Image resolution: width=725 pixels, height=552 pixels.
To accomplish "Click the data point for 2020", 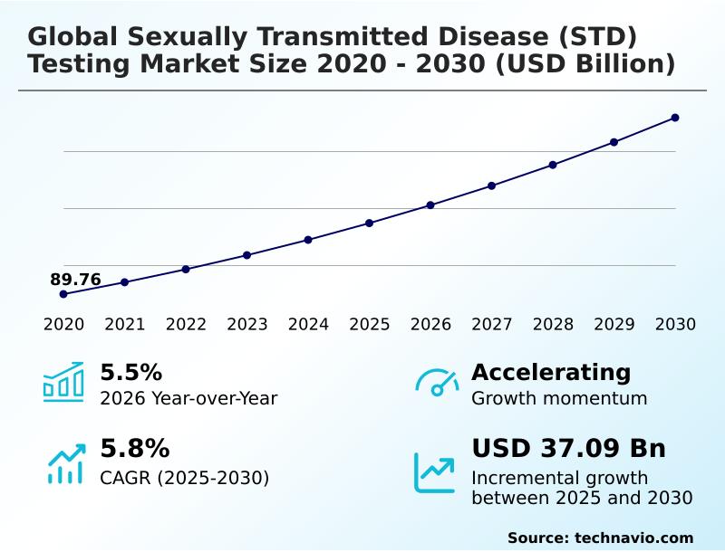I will point(63,294).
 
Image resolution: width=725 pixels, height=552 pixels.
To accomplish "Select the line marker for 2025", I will point(370,223).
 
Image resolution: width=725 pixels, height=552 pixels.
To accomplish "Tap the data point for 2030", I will point(675,118).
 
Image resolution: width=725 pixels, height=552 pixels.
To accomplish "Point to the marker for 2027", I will point(491,186).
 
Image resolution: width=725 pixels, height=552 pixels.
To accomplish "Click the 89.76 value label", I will point(75,280).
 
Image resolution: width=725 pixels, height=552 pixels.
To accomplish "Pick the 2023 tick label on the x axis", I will point(247,324).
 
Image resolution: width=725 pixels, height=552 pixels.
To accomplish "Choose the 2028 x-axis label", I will point(553,324).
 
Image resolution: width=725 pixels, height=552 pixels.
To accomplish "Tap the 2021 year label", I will point(125,324).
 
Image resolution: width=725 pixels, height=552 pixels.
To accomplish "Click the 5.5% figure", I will point(130,373).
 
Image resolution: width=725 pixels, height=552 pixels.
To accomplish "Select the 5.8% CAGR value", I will point(134,449).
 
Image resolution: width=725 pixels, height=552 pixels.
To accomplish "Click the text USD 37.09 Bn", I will point(568,449).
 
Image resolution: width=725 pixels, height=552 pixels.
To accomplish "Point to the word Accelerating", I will point(551,373).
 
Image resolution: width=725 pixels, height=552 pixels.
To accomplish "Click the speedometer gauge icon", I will point(437,382).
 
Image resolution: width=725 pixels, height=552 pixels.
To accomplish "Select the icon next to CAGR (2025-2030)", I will point(65,463).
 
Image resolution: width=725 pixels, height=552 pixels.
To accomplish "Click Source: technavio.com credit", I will point(600,538).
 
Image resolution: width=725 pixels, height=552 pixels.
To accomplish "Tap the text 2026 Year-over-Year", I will point(188,398).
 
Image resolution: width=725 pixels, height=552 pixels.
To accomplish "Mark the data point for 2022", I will point(186,269).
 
